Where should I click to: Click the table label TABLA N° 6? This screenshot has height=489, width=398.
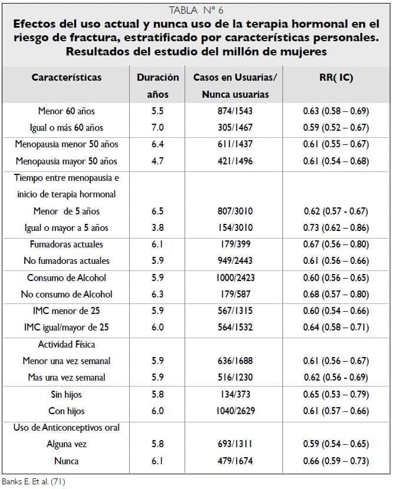point(196,10)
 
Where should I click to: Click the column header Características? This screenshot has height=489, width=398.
point(66,77)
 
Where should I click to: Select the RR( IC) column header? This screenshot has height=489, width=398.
point(336,77)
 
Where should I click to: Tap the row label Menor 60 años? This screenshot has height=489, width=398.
point(66,111)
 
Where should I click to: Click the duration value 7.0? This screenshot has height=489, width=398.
point(157,127)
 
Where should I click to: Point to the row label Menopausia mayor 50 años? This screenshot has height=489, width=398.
point(66,161)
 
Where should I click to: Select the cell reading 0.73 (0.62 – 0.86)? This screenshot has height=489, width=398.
point(336,227)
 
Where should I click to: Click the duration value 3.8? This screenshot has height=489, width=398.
point(157,227)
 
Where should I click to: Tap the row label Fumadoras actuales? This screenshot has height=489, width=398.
point(66,244)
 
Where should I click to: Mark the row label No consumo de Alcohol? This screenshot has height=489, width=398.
point(66,294)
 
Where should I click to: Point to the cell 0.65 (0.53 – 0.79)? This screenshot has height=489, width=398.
point(336,394)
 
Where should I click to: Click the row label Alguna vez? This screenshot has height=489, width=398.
point(66,444)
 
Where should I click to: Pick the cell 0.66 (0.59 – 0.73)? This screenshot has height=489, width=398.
point(336,461)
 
